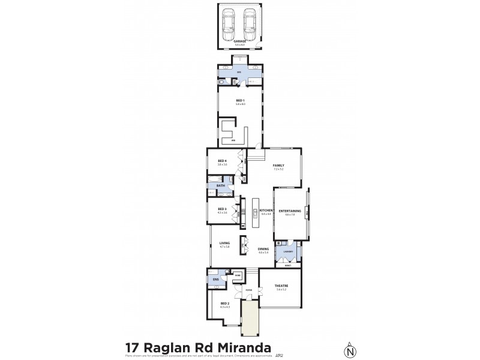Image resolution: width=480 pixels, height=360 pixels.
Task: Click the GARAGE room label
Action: point(240,41)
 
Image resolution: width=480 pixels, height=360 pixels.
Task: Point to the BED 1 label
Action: point(240,101)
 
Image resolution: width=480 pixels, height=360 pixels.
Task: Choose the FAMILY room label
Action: point(278,165)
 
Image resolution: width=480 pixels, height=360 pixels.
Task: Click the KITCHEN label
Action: point(266,210)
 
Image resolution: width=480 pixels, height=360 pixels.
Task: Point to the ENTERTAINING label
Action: point(289,211)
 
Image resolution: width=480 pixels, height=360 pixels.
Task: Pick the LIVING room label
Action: point(224,243)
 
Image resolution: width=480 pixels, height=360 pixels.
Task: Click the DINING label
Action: point(263,248)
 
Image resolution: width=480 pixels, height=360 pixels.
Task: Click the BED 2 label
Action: point(224,304)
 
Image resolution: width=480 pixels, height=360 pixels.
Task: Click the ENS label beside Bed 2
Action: point(214,279)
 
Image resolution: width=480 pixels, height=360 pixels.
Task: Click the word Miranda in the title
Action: point(241,347)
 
